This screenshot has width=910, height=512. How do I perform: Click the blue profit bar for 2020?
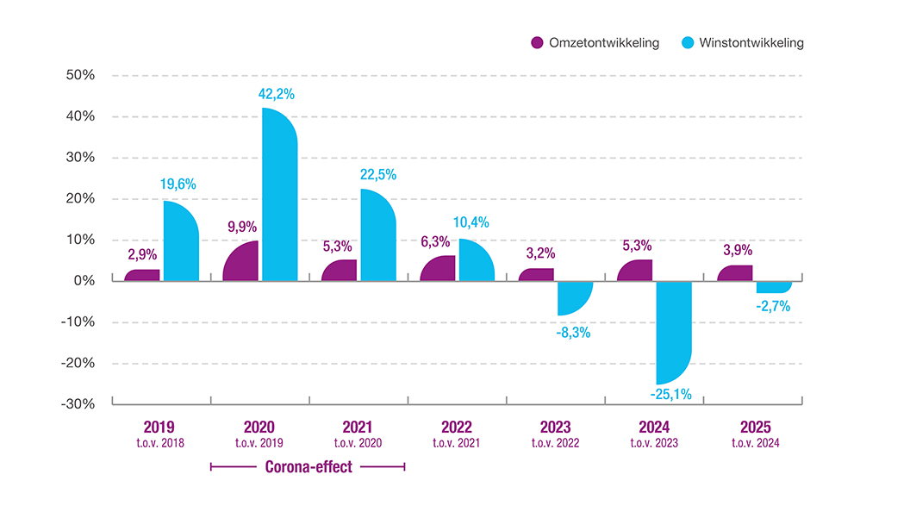(x=280, y=195)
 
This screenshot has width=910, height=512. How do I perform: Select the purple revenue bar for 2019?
(x=142, y=275)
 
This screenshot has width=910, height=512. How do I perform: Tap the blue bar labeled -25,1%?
(x=674, y=333)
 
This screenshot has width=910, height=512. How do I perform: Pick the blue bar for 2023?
(x=575, y=298)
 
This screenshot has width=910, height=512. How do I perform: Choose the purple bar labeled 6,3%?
(x=438, y=268)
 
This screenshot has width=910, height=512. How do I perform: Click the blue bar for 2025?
(x=774, y=287)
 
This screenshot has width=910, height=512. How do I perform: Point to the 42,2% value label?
(x=277, y=94)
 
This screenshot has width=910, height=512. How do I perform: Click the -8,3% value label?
(x=573, y=333)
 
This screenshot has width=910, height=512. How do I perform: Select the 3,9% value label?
(x=738, y=250)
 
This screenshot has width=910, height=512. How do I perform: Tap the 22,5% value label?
(x=378, y=175)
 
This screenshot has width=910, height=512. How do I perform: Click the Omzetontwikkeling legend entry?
(x=595, y=42)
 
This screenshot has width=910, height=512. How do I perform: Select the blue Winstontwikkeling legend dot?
(x=688, y=42)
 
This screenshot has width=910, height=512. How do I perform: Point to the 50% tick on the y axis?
(x=80, y=75)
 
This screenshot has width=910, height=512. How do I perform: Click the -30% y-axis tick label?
(x=78, y=404)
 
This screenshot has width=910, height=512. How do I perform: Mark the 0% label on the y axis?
(x=84, y=280)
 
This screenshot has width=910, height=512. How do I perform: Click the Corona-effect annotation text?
(x=309, y=466)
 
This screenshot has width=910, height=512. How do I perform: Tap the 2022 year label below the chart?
(x=457, y=428)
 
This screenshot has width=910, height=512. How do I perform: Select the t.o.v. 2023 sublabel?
(x=654, y=443)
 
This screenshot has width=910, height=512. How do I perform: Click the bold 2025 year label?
(x=756, y=428)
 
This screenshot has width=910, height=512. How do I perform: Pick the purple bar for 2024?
(x=635, y=271)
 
